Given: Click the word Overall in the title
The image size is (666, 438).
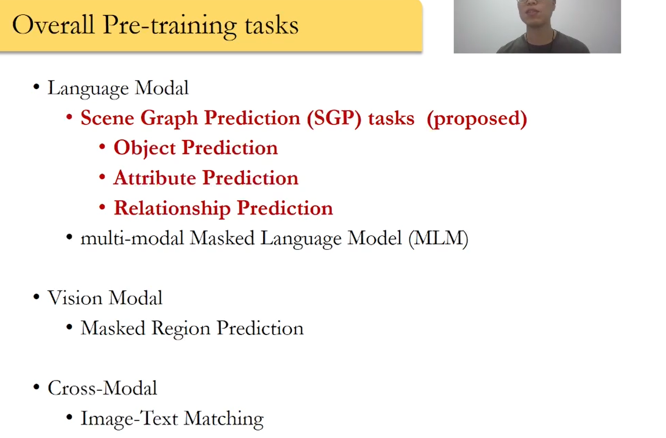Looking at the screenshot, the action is pos(53,25).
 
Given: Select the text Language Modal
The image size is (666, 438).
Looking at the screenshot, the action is pos(118,88).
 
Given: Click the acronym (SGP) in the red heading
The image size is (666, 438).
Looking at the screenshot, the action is pos(334,119).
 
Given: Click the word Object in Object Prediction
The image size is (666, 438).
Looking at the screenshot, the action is pos(145,148).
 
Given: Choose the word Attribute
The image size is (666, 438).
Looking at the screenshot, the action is pos(155,178).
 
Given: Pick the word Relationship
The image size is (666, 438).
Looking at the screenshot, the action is pos(172,208).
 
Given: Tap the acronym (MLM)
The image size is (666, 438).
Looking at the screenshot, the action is pos(438,238).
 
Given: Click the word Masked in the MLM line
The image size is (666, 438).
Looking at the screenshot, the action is pos(223,238).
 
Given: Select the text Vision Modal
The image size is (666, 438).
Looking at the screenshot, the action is pos(105,298).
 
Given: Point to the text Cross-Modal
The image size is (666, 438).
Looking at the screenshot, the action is pos(102,388).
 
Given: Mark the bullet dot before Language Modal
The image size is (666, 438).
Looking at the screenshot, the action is pos(37,87).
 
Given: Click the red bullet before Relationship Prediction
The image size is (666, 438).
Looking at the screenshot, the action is pos(102,207).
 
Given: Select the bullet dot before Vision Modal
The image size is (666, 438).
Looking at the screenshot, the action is pos(37,297).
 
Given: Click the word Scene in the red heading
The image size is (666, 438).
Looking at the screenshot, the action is pos(107,118).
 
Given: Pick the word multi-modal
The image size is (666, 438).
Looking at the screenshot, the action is pos(132,238).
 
